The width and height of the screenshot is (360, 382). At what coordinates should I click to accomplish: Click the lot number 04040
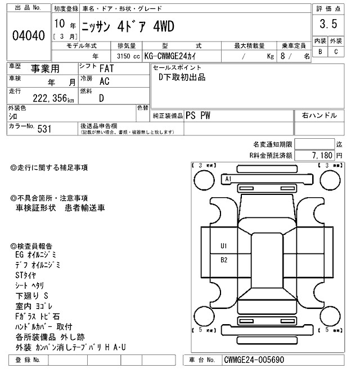(28, 35)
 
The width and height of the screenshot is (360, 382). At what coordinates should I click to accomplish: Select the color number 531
(44, 129)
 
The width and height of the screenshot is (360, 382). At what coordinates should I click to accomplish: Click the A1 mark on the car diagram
(228, 179)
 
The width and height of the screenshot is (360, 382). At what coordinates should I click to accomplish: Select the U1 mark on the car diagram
(224, 245)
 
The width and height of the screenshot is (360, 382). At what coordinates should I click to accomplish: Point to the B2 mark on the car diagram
(224, 260)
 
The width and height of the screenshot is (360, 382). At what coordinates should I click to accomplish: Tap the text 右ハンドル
(319, 115)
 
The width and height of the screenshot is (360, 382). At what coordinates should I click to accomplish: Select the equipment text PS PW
(198, 115)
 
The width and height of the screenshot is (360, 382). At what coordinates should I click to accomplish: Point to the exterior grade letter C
(336, 52)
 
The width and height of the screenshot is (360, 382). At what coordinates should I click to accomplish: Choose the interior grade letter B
(320, 52)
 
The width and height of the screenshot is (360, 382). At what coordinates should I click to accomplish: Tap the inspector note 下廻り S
(32, 295)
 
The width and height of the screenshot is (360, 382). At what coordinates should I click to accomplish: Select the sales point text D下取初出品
(182, 77)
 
